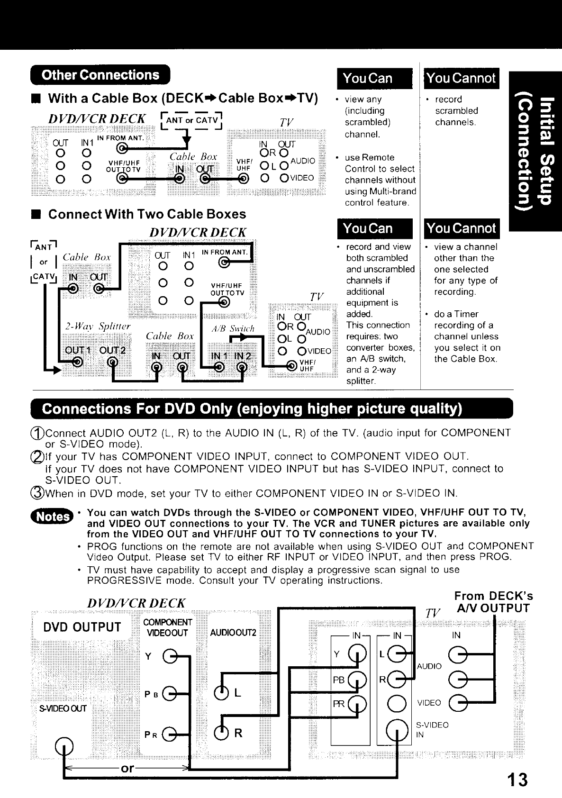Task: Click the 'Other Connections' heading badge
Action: click(x=100, y=75)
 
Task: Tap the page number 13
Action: click(x=516, y=780)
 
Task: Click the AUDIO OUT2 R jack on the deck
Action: click(x=221, y=733)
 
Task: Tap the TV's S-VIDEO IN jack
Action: click(x=397, y=730)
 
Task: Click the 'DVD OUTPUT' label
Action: click(x=82, y=627)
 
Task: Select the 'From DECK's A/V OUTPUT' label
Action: click(x=493, y=602)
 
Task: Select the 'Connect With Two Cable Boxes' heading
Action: click(x=147, y=214)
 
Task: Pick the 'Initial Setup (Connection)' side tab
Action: click(x=535, y=151)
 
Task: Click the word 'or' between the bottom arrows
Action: click(x=127, y=768)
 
